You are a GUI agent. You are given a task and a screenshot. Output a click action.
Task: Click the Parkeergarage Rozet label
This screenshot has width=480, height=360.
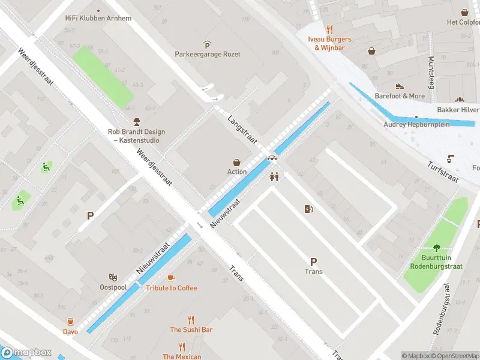(x=207, y=54)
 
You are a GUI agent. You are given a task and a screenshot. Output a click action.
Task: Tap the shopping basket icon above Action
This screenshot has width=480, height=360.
(x=237, y=162)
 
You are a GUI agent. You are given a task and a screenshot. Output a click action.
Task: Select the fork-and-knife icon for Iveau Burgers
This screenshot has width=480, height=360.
(x=329, y=29)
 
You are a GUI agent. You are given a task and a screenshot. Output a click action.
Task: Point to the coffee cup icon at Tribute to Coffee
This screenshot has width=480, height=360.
(x=171, y=278)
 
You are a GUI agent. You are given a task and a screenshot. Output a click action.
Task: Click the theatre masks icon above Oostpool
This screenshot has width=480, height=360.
(x=112, y=277)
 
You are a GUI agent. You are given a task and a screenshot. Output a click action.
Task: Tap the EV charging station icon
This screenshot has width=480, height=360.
(x=309, y=209)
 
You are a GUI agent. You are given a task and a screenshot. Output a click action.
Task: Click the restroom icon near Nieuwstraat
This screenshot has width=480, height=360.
(x=275, y=177)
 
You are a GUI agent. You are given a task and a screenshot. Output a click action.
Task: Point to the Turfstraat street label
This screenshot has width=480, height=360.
(x=443, y=172)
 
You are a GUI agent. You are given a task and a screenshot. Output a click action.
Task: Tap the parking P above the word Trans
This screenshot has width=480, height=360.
(x=313, y=262)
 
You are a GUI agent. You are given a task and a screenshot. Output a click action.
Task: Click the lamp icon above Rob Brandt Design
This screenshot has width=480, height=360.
(x=136, y=122)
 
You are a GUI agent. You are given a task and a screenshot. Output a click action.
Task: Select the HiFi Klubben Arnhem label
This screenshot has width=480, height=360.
(x=98, y=18)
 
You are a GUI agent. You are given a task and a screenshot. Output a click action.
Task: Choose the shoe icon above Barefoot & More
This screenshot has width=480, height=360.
(x=400, y=86)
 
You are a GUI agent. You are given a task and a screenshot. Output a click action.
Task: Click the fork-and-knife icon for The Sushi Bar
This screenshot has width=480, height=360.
(x=191, y=320)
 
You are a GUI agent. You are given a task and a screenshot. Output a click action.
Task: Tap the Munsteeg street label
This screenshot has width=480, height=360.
(x=431, y=72)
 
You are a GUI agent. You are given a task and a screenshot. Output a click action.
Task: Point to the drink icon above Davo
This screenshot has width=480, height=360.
(x=70, y=322)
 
